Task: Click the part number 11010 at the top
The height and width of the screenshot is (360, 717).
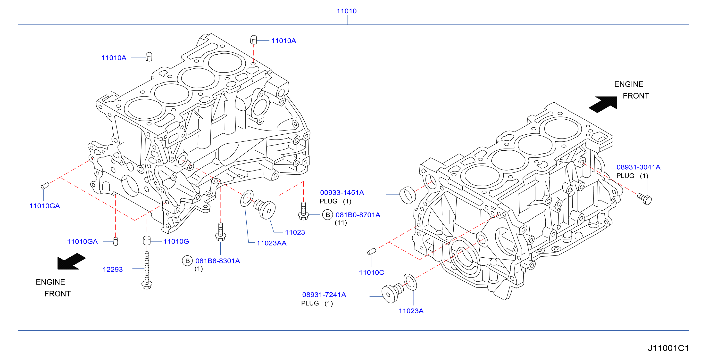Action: click(346, 11)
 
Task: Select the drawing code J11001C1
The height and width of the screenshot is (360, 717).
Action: click(668, 348)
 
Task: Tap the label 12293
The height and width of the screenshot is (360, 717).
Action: click(113, 269)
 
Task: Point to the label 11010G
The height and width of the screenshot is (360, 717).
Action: click(176, 241)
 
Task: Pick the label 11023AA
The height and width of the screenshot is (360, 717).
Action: click(271, 243)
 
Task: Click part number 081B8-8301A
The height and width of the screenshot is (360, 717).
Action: click(218, 261)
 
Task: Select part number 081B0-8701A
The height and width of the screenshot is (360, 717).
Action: click(358, 215)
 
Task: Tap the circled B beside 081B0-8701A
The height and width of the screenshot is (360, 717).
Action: click(328, 215)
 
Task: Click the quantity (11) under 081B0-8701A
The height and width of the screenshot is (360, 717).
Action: click(341, 222)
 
